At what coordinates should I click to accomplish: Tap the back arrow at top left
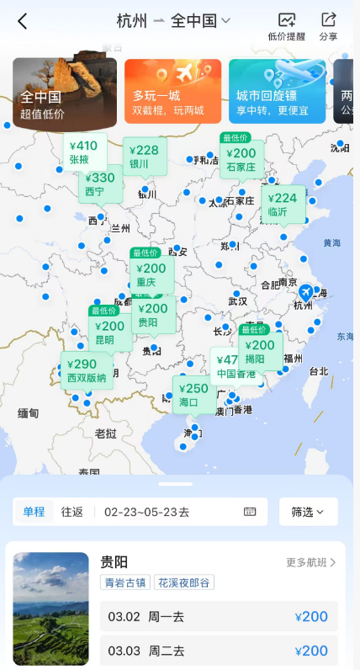pyautogui.click(x=22, y=21)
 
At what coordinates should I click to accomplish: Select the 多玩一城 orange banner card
pyautogui.click(x=172, y=91)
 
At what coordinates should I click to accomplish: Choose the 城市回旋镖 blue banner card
pyautogui.click(x=277, y=91)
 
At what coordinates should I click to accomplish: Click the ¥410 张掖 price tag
pyautogui.click(x=85, y=152)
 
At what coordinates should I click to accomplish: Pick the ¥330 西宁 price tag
pyautogui.click(x=101, y=183)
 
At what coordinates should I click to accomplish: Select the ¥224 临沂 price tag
pyautogui.click(x=283, y=205)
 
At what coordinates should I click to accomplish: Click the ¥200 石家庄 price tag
pyautogui.click(x=241, y=159)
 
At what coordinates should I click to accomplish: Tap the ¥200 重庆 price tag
pyautogui.click(x=151, y=274)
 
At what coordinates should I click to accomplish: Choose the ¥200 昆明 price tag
pyautogui.click(x=109, y=332)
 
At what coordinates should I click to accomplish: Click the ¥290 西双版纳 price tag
pyautogui.click(x=86, y=370)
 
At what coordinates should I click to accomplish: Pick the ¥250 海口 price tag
pyautogui.click(x=193, y=394)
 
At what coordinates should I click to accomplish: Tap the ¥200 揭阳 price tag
pyautogui.click(x=260, y=351)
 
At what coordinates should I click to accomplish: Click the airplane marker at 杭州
pyautogui.click(x=307, y=292)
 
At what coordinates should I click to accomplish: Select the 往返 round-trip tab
pyautogui.click(x=72, y=512)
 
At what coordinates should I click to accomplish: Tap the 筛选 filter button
pyautogui.click(x=308, y=512)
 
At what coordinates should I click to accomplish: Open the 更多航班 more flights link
pyautogui.click(x=310, y=562)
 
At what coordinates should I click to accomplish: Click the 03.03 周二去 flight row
pyautogui.click(x=219, y=651)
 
